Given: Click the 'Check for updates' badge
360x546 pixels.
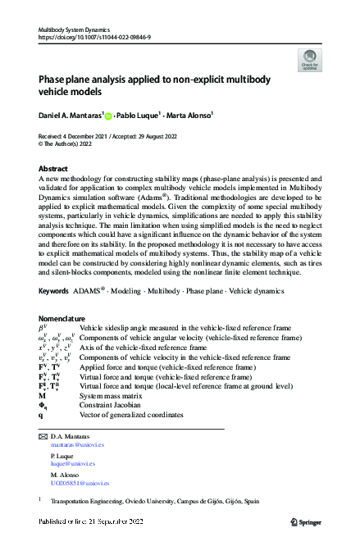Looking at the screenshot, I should [309, 59].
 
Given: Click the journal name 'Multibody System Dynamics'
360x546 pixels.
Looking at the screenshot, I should [75, 30].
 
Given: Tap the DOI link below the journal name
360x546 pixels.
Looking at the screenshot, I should [89, 38].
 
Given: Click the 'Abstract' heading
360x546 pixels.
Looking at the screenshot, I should [54, 167].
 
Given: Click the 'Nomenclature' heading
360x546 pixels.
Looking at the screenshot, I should [62, 317].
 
